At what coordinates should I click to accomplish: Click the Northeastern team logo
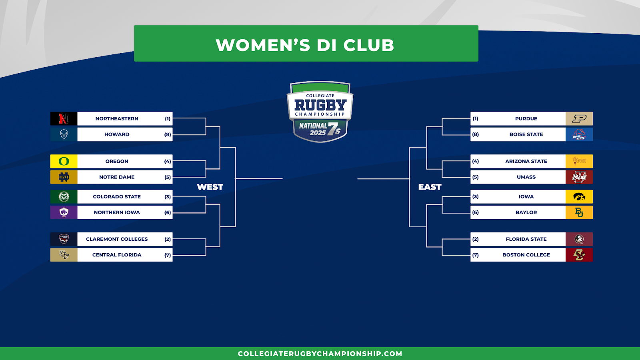pos(64,118)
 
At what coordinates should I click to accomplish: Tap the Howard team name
pos(116,134)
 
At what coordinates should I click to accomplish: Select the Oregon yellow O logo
pos(64,161)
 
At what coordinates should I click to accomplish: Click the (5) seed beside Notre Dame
pos(168,177)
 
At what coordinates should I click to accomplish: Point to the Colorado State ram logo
pos(64,196)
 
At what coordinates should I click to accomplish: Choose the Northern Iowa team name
pos(116,212)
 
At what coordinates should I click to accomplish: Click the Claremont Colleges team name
pos(116,239)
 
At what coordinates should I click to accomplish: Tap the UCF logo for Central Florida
pos(64,255)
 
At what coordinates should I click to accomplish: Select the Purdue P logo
pos(579,118)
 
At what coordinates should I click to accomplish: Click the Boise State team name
pos(526,134)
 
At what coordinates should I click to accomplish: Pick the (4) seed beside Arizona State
pos(476,161)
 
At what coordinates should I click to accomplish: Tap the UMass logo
pos(579,177)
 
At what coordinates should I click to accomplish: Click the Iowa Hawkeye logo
pos(579,196)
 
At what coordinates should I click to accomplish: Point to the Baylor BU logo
pos(579,212)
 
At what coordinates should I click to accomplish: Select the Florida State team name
pos(526,239)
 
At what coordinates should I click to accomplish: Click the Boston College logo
pos(579,255)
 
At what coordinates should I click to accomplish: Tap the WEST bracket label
pos(210,187)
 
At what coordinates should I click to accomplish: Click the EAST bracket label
pos(430,187)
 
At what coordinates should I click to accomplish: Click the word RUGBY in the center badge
pos(320,105)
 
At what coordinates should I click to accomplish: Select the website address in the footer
pos(320,354)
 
